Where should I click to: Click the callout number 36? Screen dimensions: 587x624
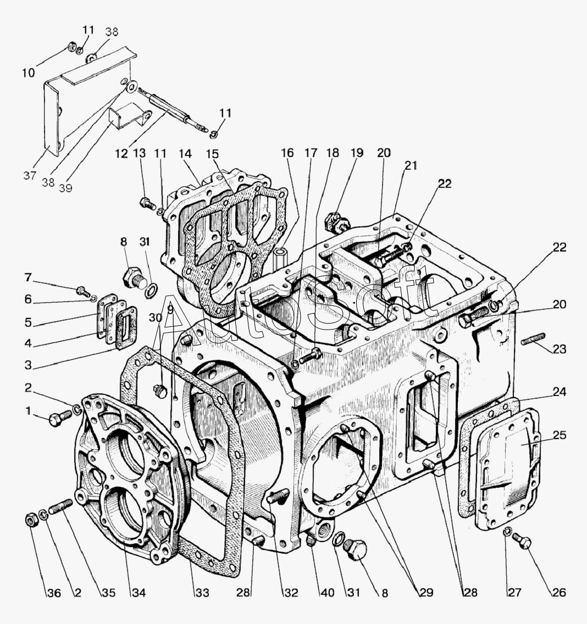tap(54, 593)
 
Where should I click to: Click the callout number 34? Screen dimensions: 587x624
tap(139, 593)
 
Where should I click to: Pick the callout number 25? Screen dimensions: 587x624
tap(559, 435)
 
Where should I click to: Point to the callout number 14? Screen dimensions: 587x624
tap(185, 153)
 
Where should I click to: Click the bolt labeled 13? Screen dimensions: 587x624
tap(148, 204)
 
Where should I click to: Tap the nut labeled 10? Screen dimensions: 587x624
tap(72, 46)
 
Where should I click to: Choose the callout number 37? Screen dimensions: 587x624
tap(30, 176)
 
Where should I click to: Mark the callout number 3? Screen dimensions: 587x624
tap(28, 365)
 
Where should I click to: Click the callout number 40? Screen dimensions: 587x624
tap(328, 593)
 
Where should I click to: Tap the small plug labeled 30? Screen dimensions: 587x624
tap(160, 391)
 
